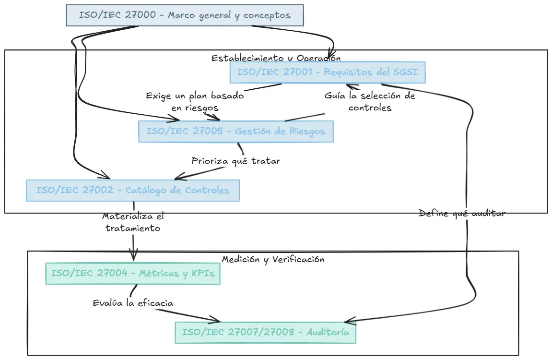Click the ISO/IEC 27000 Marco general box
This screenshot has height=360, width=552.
pos(185,15)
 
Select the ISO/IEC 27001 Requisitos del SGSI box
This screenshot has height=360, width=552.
pos(327,73)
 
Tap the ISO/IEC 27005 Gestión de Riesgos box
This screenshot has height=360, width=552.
pos(235,132)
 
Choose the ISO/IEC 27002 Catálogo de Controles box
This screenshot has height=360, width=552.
pos(132,190)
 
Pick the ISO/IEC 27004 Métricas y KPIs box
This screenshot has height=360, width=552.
pos(132,274)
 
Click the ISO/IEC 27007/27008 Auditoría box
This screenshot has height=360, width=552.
pos(265,332)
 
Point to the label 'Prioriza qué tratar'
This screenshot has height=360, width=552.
pos(235,161)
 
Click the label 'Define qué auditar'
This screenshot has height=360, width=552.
pos(461,213)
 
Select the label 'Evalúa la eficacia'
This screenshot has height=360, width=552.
pos(133,303)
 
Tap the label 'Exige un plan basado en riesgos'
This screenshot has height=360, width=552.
pos(195,102)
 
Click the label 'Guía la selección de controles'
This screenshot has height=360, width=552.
pos(370,102)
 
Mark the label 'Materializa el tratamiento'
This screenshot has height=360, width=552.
pos(133,222)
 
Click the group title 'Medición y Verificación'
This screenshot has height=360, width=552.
pos(273,259)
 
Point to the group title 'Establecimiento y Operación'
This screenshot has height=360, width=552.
pos(276,58)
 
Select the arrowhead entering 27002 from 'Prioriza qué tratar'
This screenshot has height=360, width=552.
pos(178,177)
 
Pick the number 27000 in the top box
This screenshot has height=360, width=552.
pos(140,15)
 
